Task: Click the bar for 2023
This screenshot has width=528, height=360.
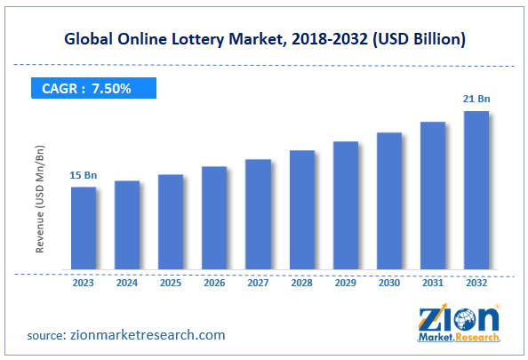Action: pos(84,228)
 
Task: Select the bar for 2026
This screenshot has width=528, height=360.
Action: pos(214,218)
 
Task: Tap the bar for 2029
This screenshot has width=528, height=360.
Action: pos(346,205)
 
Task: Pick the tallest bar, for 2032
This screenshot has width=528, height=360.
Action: pos(476,190)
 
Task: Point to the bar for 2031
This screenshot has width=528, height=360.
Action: pos(433,196)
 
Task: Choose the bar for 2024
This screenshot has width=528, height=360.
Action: pos(127,225)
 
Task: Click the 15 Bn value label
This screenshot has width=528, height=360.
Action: pos(83,176)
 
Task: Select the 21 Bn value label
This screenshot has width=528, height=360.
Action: pos(477,100)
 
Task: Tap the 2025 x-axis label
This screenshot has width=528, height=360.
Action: pos(171,284)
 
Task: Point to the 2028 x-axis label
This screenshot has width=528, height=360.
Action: pos(301,284)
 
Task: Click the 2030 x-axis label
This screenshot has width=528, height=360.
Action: pos(389,284)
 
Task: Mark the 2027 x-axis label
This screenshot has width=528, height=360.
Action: pos(258,284)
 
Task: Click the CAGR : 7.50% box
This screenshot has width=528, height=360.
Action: pos(87,88)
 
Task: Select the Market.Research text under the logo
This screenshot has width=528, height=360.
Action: pos(461,339)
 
